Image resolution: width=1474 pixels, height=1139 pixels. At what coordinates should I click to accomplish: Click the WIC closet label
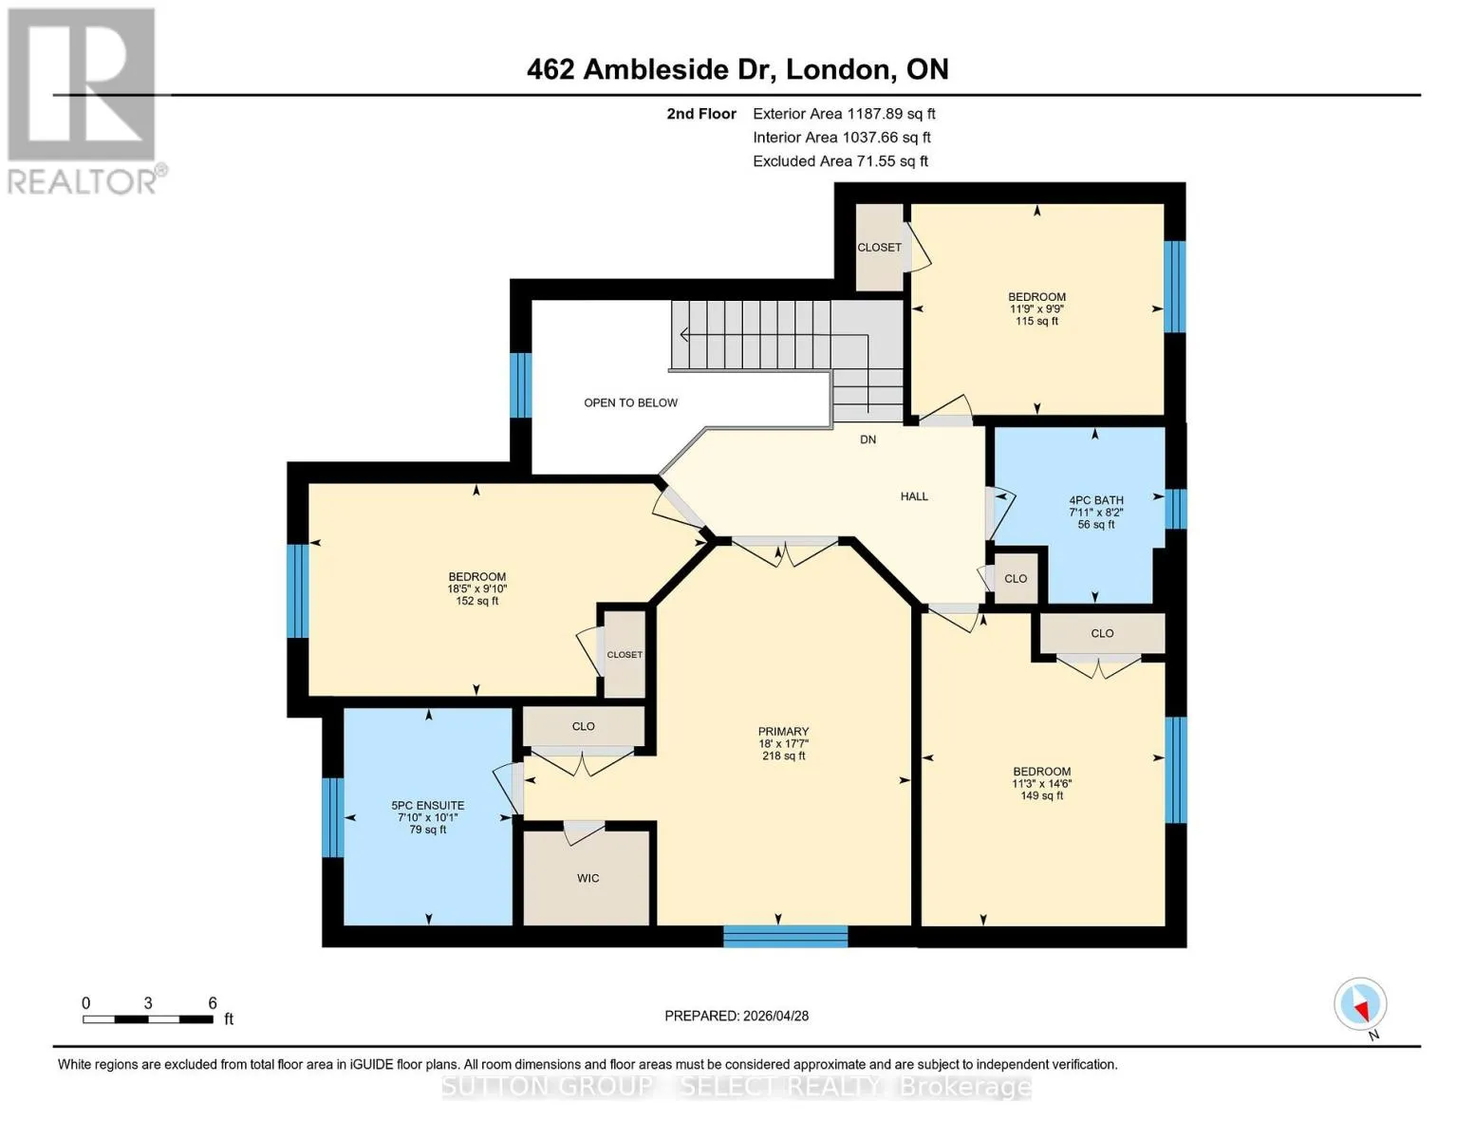coord(588,878)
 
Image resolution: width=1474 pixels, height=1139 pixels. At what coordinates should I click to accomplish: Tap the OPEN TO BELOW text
coord(630,402)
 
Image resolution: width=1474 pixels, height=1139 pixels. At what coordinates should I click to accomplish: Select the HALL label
coord(914,495)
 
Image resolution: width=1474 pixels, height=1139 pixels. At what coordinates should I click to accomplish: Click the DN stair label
coord(868,439)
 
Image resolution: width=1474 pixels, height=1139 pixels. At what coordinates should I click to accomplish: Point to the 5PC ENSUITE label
coord(427,805)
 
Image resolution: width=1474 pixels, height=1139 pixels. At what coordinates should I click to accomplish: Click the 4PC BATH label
coord(1095,500)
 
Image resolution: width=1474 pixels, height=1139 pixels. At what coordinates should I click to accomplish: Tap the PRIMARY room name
coord(783,731)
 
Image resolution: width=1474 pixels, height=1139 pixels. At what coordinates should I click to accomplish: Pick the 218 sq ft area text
coord(783,755)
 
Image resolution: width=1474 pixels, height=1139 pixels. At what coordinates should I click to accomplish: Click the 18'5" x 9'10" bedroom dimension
coord(476,588)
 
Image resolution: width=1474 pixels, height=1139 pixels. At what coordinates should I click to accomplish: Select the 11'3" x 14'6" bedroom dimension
coord(1041,783)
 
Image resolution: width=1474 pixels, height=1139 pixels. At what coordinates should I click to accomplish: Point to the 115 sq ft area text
coord(1036,320)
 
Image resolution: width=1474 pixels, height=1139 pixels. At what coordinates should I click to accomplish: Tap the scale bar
coord(148,1018)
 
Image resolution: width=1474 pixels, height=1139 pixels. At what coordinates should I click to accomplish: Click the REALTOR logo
coord(84,102)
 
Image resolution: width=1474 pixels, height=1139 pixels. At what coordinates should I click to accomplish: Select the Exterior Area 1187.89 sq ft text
coord(844,113)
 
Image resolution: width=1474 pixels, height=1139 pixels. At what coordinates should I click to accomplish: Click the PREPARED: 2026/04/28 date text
coord(736,1016)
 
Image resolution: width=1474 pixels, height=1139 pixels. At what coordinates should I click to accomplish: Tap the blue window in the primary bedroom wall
coord(785,936)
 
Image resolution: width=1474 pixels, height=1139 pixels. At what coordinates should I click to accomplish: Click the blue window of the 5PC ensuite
coord(332,817)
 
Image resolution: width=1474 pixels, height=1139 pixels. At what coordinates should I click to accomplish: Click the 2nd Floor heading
coord(700,113)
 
